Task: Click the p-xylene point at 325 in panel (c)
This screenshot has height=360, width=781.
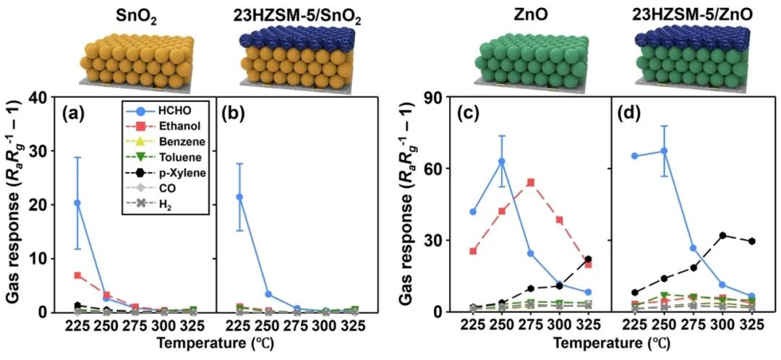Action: click(588, 259)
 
